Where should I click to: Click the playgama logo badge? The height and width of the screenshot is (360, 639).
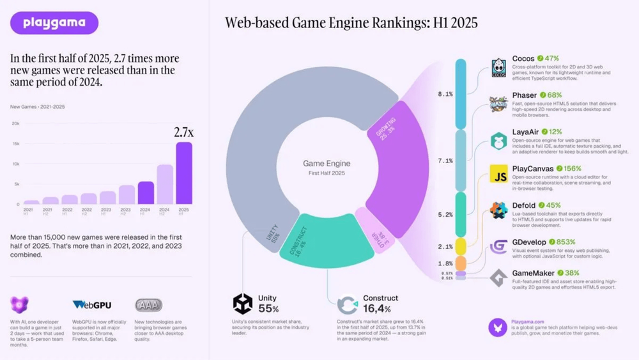pyautogui.click(x=54, y=23)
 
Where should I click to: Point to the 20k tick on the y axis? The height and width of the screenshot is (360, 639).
pyautogui.click(x=15, y=123)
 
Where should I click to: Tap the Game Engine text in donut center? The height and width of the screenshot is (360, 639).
pyautogui.click(x=327, y=164)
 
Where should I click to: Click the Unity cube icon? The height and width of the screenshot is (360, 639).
pyautogui.click(x=243, y=304)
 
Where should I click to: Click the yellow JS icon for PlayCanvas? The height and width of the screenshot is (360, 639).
pyautogui.click(x=498, y=174)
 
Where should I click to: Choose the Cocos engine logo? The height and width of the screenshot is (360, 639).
pyautogui.click(x=498, y=68)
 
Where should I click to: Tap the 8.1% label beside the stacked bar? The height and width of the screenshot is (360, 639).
pyautogui.click(x=445, y=94)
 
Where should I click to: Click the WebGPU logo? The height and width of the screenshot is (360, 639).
pyautogui.click(x=91, y=305)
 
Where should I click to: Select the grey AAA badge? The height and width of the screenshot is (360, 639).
pyautogui.click(x=148, y=305)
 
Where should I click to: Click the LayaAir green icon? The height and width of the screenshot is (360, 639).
pyautogui.click(x=498, y=140)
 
